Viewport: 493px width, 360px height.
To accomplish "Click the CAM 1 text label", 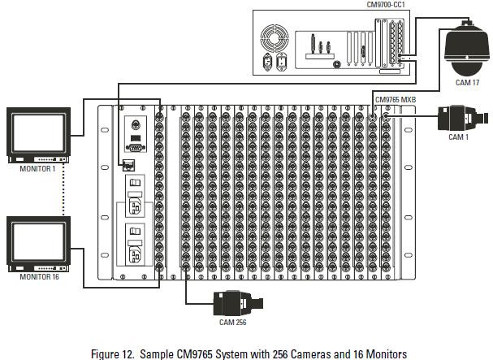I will click(458, 137).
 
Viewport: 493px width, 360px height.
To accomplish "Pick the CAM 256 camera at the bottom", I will click(236, 302).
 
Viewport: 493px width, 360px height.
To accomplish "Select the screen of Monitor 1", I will click(37, 133).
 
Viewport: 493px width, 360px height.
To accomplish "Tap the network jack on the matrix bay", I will click(128, 165).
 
